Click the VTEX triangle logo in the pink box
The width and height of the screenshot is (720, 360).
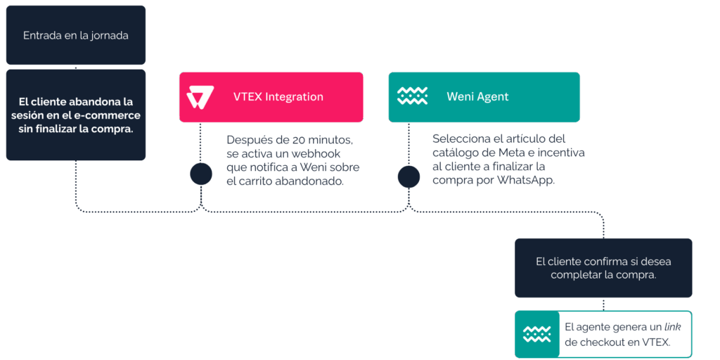pyautogui.click(x=200, y=97)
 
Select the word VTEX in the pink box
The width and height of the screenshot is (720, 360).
pyautogui.click(x=247, y=97)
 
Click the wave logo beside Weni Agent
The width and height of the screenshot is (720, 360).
pyautogui.click(x=412, y=96)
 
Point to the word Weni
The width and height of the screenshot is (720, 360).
pyautogui.click(x=460, y=97)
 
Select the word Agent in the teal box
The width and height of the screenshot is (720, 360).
pyautogui.click(x=493, y=97)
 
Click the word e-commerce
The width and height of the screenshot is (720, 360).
pyautogui.click(x=113, y=115)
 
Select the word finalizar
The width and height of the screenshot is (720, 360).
pyautogui.click(x=58, y=129)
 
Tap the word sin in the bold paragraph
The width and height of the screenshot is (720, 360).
pyautogui.click(x=25, y=129)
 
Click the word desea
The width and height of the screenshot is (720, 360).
pyautogui.click(x=657, y=262)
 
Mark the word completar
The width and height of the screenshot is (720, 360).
pyautogui.click(x=576, y=275)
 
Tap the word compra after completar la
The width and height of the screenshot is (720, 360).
pyautogui.click(x=638, y=275)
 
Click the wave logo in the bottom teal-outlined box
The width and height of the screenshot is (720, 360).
pyautogui.click(x=537, y=334)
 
